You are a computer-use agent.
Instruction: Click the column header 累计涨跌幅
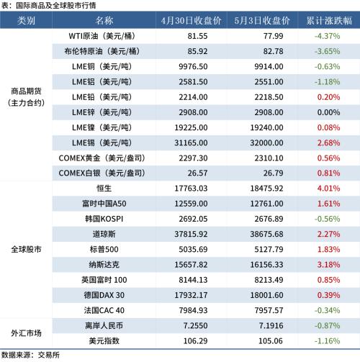click(x=329, y=21)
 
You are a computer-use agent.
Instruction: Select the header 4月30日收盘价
click(x=191, y=21)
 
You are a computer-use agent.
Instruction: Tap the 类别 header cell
click(x=26, y=21)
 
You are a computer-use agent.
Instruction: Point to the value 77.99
click(x=273, y=36)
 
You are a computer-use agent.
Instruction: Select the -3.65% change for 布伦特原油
click(x=327, y=51)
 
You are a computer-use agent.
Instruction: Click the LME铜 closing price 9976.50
click(x=193, y=66)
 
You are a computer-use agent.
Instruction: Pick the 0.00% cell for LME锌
click(x=328, y=112)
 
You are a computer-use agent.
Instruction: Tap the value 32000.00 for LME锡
click(x=266, y=143)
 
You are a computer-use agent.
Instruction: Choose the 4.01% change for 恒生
click(x=328, y=189)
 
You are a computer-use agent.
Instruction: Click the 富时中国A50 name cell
click(x=104, y=204)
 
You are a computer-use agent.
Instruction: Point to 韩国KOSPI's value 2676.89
click(x=269, y=219)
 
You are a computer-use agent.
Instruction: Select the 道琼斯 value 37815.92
click(x=191, y=234)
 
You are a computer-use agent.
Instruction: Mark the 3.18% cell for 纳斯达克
click(x=328, y=265)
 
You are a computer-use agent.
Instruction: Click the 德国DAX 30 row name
click(x=104, y=295)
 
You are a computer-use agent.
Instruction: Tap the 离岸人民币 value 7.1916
click(x=271, y=326)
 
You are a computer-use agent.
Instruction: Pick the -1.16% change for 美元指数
click(x=327, y=341)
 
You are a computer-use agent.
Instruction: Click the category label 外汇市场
click(x=26, y=333)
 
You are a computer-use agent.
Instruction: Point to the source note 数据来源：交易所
click(x=30, y=356)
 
